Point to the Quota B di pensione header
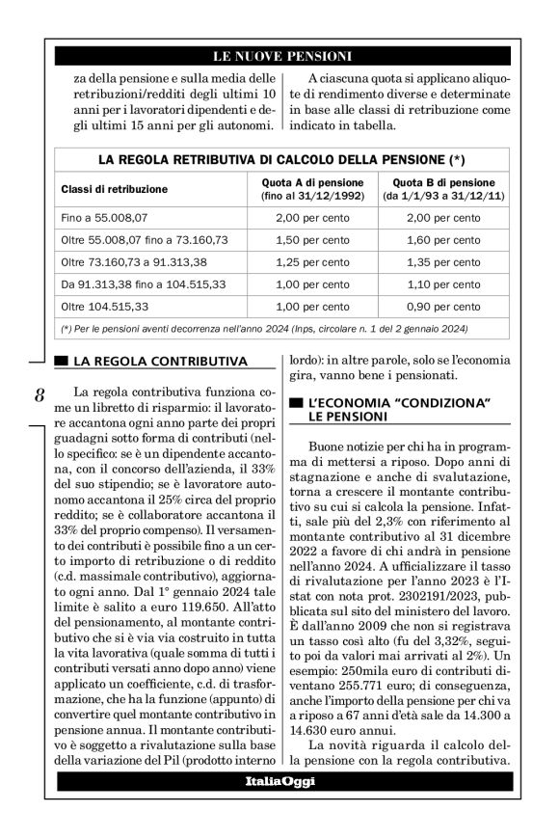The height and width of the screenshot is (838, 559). [439, 189]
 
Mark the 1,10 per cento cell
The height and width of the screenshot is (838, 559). [439, 284]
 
